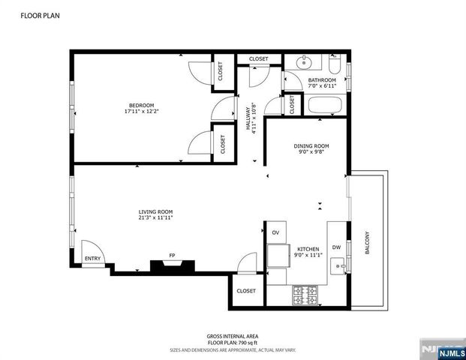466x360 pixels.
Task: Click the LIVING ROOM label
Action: (155, 212)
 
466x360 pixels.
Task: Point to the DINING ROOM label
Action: (311, 145)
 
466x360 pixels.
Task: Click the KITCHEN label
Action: (308, 249)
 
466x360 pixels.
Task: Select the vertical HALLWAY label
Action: (248, 117)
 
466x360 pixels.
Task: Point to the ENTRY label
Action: (92, 259)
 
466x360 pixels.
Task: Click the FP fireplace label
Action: (172, 256)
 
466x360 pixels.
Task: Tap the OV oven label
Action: (275, 232)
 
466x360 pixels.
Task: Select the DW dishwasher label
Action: (336, 247)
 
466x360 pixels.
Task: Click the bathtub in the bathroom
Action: (325, 106)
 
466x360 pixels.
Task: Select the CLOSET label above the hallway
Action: (259, 58)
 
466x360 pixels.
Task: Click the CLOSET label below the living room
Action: (245, 291)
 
